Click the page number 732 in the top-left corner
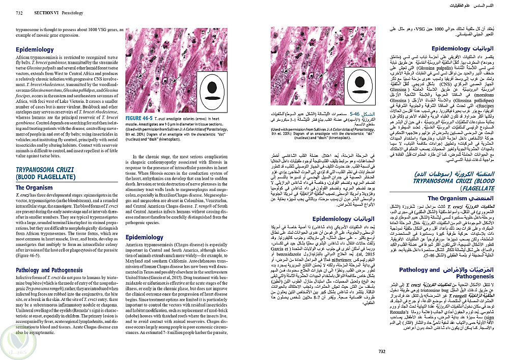(12, 5)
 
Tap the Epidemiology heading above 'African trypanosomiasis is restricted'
(35, 50)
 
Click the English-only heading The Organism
(34, 188)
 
